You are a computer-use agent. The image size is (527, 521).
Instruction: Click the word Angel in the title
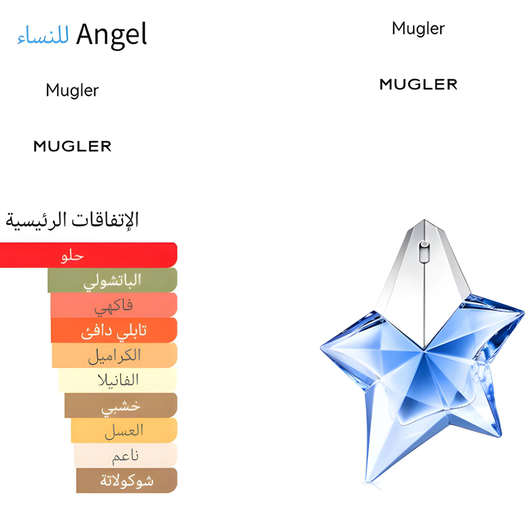pos(112,35)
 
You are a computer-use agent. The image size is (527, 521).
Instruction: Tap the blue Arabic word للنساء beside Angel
pos(43,37)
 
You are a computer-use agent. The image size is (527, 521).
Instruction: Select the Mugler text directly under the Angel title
pos(72,90)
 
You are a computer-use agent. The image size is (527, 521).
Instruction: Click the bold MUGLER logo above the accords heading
pos(73,146)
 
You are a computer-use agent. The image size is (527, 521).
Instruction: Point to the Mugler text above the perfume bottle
pos(418,28)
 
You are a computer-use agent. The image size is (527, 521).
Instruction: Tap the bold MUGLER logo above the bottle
pos(418,84)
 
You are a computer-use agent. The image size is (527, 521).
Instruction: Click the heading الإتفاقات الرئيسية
pos(72,219)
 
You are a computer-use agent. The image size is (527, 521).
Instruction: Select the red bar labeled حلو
pos(89,255)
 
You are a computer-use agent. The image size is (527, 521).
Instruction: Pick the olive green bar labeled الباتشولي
pos(112,280)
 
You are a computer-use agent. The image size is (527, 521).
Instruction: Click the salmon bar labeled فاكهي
pos(114,305)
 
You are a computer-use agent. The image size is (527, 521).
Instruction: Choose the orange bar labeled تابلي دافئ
pos(114,330)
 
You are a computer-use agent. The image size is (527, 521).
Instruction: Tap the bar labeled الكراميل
pos(115,356)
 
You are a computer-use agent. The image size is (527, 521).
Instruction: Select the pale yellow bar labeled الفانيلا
pos(118,380)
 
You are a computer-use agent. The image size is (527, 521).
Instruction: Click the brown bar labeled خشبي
pos(121,405)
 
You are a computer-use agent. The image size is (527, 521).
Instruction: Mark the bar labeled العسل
pos(124,431)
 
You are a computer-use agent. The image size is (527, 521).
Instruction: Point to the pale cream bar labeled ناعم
pos(125,455)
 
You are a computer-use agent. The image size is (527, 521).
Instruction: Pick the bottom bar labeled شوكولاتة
pos(126,481)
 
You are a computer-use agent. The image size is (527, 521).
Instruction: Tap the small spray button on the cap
pos(424,251)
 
